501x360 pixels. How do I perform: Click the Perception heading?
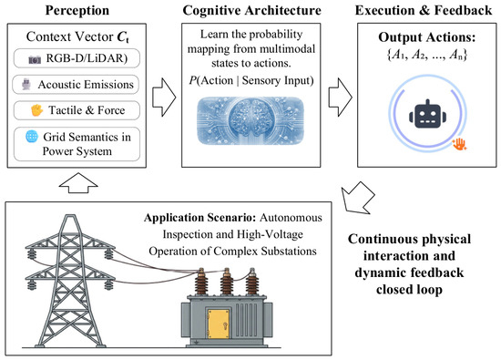[x=77, y=11]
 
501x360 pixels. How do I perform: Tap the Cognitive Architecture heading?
[x=251, y=11]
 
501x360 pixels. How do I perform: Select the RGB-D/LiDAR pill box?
[x=77, y=58]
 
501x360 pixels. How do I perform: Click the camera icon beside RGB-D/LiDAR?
[x=35, y=59]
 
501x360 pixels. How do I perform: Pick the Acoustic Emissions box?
[x=76, y=85]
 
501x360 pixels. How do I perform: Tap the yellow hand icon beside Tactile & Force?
[x=36, y=110]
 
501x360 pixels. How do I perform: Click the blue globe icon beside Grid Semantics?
[x=32, y=137]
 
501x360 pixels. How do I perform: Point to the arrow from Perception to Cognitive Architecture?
[x=164, y=98]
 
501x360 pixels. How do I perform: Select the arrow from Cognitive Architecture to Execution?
[x=341, y=98]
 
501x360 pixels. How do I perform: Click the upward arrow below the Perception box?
[x=78, y=183]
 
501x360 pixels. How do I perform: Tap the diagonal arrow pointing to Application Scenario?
[x=358, y=198]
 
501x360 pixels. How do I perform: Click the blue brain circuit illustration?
[x=250, y=121]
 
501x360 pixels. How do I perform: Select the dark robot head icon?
[x=427, y=114]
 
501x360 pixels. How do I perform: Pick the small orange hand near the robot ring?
[x=459, y=144]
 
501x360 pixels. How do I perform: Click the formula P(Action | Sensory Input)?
[x=251, y=80]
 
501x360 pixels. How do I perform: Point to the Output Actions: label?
[x=427, y=37]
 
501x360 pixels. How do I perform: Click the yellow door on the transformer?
[x=219, y=324]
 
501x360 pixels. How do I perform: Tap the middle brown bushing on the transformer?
[x=226, y=282]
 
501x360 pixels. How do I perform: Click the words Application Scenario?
[x=200, y=218]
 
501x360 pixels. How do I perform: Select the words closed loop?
[x=409, y=290]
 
